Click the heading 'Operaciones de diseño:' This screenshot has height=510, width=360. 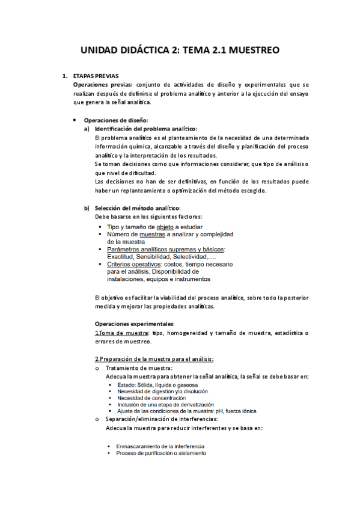115,120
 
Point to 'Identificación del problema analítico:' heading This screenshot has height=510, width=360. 145,129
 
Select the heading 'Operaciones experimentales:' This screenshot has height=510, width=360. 130,324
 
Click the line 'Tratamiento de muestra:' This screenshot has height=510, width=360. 139,367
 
